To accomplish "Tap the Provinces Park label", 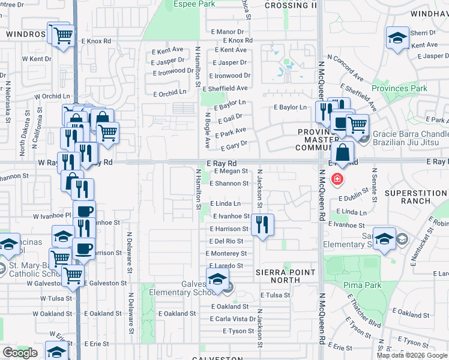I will [399, 88].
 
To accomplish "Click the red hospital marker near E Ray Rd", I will [337, 178].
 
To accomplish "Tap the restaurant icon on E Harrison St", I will [262, 225].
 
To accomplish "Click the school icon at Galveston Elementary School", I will [217, 279].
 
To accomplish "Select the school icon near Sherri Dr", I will [397, 38].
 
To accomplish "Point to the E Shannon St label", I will [229, 184].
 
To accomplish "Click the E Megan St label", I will [229, 171].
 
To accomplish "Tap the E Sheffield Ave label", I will [230, 88].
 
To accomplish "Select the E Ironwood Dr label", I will [231, 76].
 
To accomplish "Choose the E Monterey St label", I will [226, 254].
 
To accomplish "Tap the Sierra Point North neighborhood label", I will [286, 276].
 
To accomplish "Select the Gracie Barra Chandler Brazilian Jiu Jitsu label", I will [410, 139].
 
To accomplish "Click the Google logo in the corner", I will [20, 353].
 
